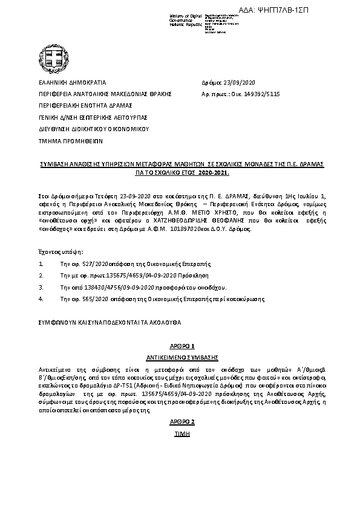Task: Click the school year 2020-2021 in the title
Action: pos(214,172)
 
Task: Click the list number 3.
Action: pos(40,288)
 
